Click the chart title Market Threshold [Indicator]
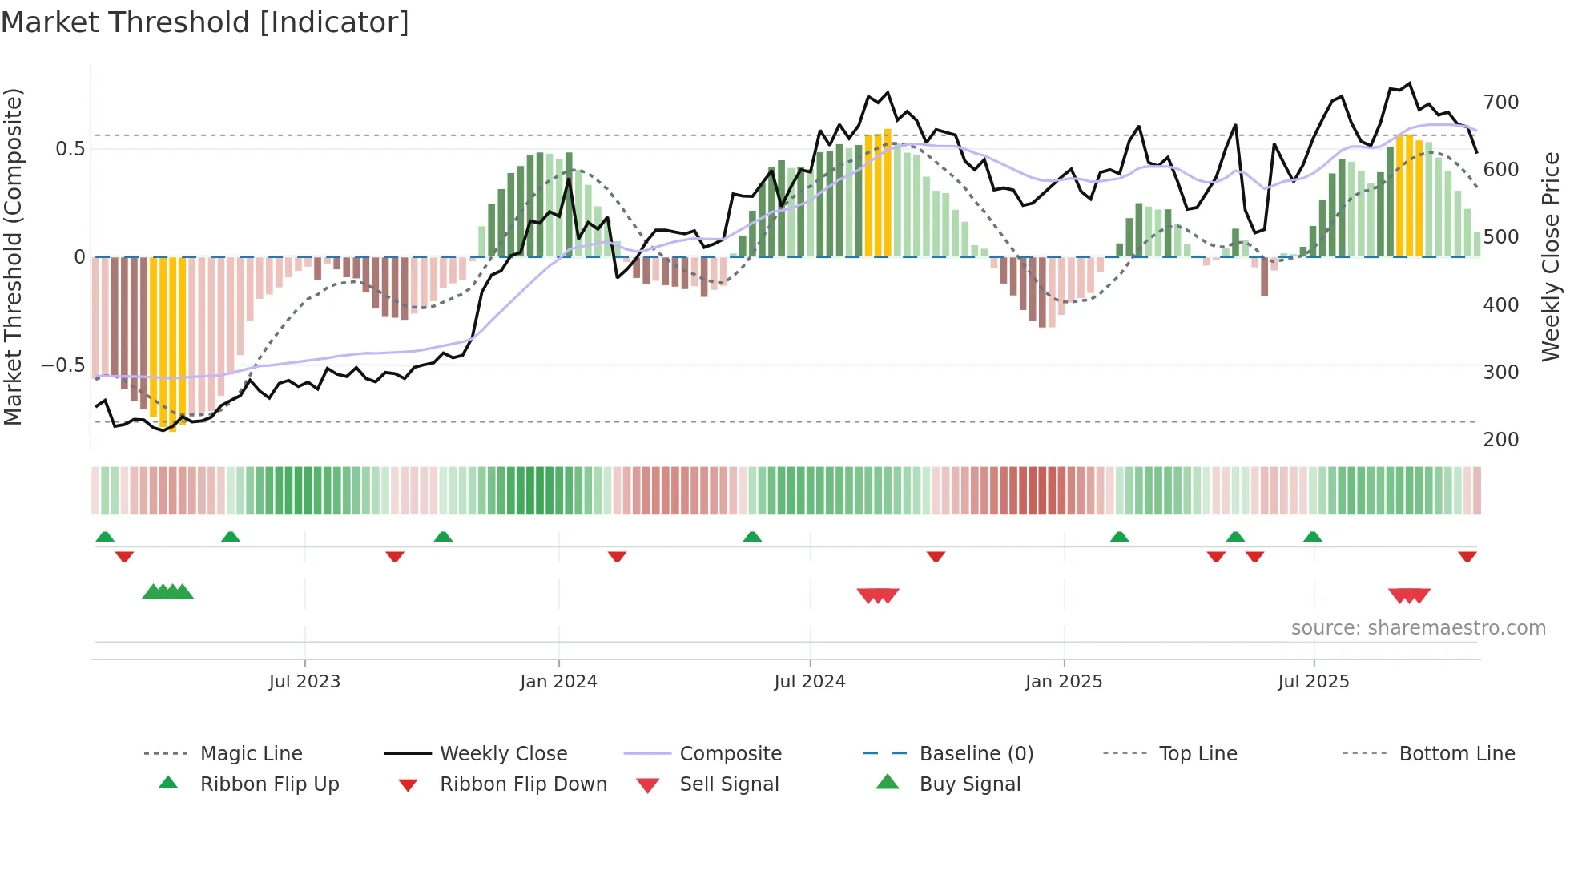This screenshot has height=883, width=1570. click(x=205, y=22)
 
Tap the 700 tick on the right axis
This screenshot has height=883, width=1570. click(x=1500, y=103)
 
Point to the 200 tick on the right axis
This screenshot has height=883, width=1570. click(x=1500, y=440)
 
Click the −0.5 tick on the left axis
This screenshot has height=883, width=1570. click(x=63, y=365)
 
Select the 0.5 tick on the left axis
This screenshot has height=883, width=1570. click(x=70, y=149)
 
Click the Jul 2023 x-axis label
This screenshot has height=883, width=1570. click(x=304, y=682)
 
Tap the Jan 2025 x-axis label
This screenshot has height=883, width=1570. click(x=1063, y=682)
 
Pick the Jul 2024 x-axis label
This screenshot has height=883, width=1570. click(x=809, y=682)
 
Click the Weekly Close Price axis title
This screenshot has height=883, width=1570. click(x=1551, y=256)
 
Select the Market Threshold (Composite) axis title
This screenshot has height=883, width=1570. click(x=13, y=256)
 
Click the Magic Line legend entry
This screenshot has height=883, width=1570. click(x=251, y=754)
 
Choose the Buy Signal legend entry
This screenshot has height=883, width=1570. click(x=969, y=784)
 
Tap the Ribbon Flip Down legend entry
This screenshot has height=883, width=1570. click(x=523, y=784)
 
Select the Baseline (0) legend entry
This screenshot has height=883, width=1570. click(x=976, y=754)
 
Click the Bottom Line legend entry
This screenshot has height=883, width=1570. click(x=1456, y=754)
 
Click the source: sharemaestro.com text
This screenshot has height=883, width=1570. click(x=1418, y=628)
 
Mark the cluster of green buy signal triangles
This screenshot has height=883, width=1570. click(x=167, y=592)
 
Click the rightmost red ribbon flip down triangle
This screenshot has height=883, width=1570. click(x=1467, y=556)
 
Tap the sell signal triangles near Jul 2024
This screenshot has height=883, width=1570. click(x=878, y=595)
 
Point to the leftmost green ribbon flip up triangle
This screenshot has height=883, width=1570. click(x=105, y=537)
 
